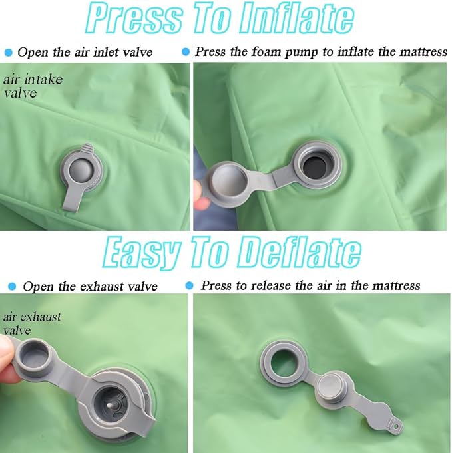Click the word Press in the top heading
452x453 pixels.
click(x=134, y=18)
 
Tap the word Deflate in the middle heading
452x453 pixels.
click(x=300, y=252)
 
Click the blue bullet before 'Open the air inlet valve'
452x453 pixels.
click(x=9, y=53)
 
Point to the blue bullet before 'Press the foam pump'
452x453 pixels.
click(x=186, y=52)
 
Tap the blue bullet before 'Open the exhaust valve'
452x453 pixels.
click(x=12, y=286)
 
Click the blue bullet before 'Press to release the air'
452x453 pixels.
click(x=190, y=285)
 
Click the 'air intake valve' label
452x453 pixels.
click(x=33, y=86)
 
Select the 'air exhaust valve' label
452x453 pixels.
click(x=32, y=323)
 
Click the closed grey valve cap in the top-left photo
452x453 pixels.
click(x=81, y=169)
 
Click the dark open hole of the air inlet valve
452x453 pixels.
click(x=315, y=168)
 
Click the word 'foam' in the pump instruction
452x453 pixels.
click(x=266, y=52)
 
